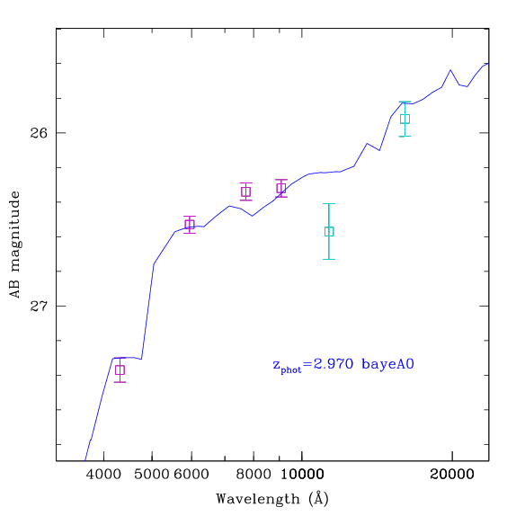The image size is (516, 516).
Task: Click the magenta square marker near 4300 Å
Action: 120,370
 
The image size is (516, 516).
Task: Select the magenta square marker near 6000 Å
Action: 190,225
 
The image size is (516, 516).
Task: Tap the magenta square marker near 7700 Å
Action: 245,191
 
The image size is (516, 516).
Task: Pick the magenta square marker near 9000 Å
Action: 281,188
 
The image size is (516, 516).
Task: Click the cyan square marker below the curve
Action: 329,232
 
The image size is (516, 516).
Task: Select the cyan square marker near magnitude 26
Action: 405,119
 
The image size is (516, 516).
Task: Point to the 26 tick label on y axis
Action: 39,133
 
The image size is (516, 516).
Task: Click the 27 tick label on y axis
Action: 39,306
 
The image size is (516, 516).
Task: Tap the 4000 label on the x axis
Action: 103,475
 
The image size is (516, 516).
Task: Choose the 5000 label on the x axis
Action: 152,475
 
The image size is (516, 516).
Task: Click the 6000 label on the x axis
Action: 191,475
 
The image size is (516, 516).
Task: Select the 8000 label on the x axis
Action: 254,475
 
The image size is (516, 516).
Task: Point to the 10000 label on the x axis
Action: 302,475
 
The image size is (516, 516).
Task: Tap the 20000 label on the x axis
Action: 452,475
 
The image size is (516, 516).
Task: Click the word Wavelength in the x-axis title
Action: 258,499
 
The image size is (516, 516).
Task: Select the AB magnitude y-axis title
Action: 14,245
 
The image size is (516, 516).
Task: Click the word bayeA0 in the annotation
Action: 387,364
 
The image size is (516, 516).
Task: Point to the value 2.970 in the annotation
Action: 334,364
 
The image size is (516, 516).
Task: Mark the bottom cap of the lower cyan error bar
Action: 329,259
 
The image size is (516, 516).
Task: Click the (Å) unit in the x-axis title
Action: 318,498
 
